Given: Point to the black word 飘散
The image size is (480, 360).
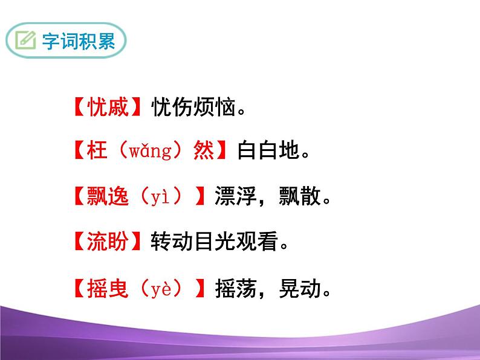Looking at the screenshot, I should pos(299,196).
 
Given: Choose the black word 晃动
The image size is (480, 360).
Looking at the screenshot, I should pos(299,289).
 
